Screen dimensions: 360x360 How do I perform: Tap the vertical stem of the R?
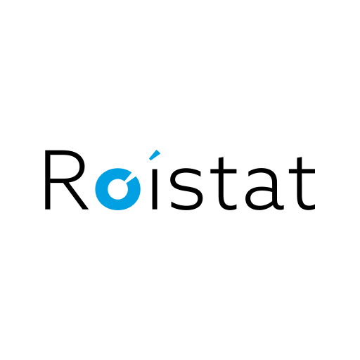click(48, 179)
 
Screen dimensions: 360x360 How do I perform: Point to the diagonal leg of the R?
click(75, 195)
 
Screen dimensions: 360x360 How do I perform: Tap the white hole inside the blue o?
click(118, 189)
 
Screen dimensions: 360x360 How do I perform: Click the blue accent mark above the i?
click(155, 155)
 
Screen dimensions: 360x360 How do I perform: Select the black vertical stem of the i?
click(155, 189)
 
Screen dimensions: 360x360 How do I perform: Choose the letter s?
click(186, 189)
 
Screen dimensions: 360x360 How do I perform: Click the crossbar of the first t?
click(224, 172)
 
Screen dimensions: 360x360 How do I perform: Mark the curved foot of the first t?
click(229, 207)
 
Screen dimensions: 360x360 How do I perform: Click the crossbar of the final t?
click(302, 172)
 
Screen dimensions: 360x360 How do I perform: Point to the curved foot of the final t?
click(307, 207)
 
